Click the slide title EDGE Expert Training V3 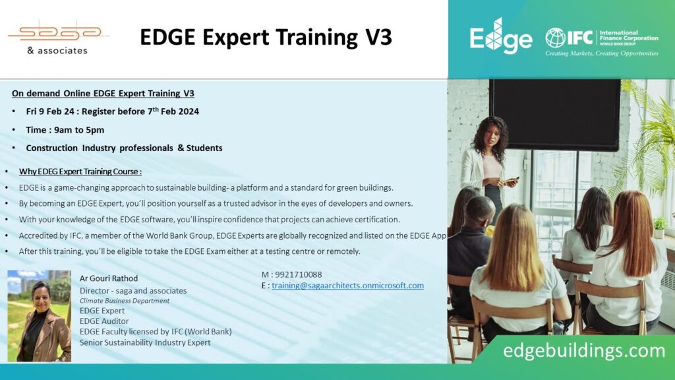pos(266,38)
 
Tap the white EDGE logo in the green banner pos(500,37)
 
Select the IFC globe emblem pos(555,38)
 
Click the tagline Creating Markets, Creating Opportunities pos(601,53)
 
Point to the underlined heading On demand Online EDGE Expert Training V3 pos(103,94)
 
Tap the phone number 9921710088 pos(300,274)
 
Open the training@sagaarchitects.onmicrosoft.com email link pos(347,286)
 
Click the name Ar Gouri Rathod pos(109,278)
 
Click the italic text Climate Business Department pos(125,301)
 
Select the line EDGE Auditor pos(103,321)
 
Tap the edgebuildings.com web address pos(584,350)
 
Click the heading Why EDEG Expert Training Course pos(80,172)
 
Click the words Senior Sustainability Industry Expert pos(145,342)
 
